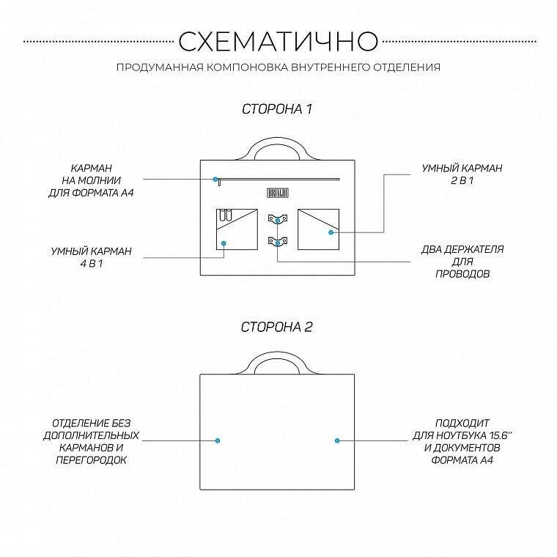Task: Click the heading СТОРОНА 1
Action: pos(277,109)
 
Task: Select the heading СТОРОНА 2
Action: pos(277,327)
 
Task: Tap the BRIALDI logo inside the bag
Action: pos(278,191)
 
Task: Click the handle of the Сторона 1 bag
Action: pos(278,146)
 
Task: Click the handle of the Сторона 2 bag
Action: pos(278,362)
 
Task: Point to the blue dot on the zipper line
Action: pos(215,178)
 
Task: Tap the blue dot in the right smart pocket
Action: pos(331,232)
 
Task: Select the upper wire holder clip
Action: pos(277,218)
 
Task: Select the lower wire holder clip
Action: pos(277,241)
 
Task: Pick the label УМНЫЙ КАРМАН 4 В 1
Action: pos(92,257)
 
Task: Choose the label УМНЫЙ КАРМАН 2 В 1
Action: pos(462,174)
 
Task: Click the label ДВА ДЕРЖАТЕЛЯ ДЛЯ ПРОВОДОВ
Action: pos(462,262)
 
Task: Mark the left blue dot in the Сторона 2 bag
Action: pos(218,440)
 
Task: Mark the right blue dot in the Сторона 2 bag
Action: pos(337,440)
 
